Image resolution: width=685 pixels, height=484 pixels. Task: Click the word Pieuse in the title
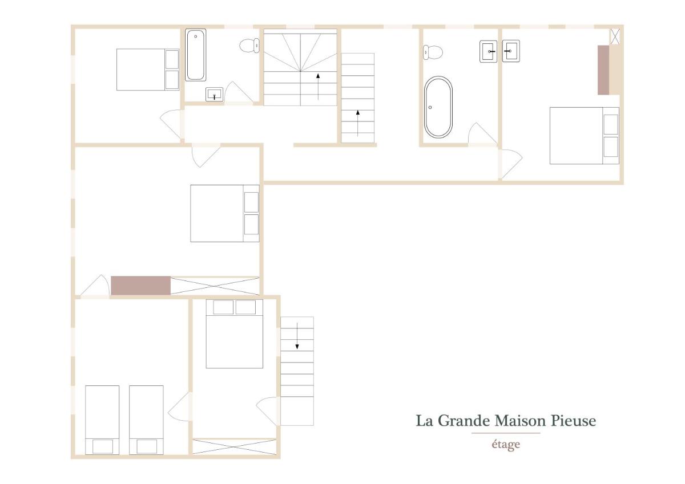(x=573, y=421)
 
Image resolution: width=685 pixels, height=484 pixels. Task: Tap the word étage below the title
(x=506, y=445)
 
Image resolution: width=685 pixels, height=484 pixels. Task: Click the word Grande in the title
(x=464, y=421)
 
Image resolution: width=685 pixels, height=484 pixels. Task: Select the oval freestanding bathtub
(x=438, y=107)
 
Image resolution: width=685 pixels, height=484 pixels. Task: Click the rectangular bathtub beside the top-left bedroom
(x=195, y=55)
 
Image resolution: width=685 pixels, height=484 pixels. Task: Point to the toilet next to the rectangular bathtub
(x=249, y=46)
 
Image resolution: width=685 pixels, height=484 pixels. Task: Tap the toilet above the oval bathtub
(x=433, y=52)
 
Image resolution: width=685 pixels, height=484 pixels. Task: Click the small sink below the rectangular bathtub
(x=215, y=95)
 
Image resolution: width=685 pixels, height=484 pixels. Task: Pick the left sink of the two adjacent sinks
(x=489, y=51)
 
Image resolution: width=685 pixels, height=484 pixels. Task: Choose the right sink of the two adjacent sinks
(x=511, y=51)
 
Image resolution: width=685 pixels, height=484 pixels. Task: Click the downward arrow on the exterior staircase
(x=297, y=336)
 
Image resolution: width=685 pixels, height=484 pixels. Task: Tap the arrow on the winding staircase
(x=318, y=87)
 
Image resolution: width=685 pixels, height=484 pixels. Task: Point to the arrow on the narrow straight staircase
(x=358, y=123)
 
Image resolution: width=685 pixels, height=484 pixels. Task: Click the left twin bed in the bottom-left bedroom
(x=102, y=420)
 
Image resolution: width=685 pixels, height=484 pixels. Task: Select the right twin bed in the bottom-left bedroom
(x=146, y=420)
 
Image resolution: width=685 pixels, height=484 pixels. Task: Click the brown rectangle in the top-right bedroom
(x=603, y=70)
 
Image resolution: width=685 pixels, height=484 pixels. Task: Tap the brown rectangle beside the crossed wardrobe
(x=140, y=286)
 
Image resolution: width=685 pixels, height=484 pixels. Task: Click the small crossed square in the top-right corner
(x=615, y=36)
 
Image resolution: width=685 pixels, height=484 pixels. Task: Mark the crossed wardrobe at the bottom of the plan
(x=234, y=447)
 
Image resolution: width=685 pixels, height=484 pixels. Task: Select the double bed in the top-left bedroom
(x=148, y=70)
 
